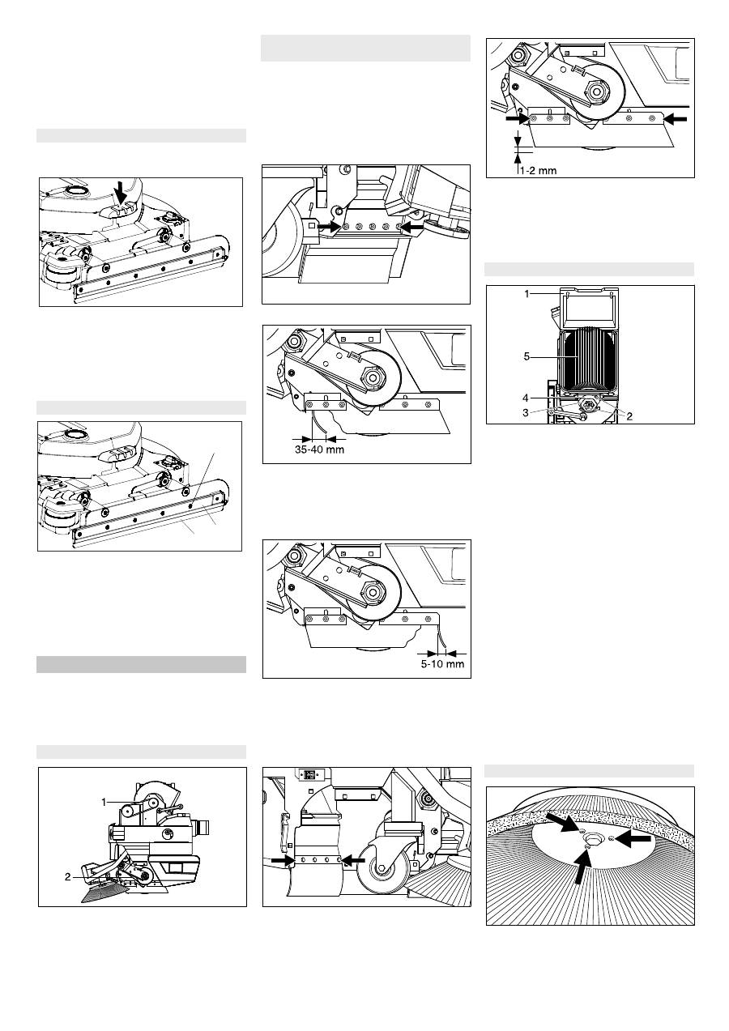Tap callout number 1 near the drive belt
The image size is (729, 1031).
pyautogui.click(x=104, y=801)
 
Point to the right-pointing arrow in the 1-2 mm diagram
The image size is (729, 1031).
pyautogui.click(x=516, y=118)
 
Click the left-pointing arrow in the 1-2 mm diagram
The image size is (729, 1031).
pyautogui.click(x=676, y=118)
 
